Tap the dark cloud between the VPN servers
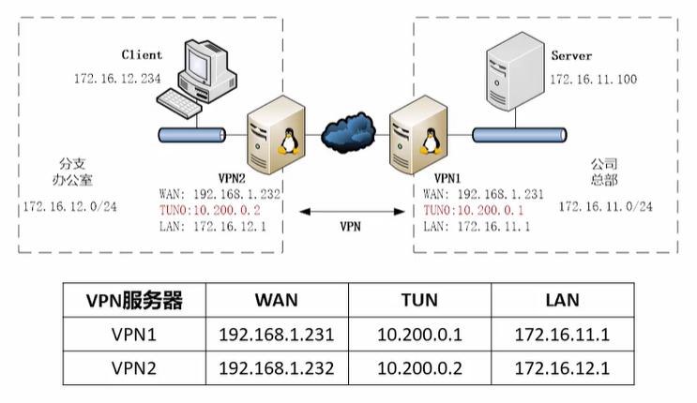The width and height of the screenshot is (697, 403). (349, 137)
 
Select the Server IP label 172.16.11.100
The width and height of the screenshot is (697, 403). (593, 80)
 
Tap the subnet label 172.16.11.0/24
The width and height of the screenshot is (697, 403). (605, 205)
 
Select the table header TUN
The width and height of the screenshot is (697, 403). (419, 301)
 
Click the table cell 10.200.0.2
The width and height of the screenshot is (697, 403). (419, 366)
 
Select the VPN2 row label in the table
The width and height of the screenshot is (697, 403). (133, 366)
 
